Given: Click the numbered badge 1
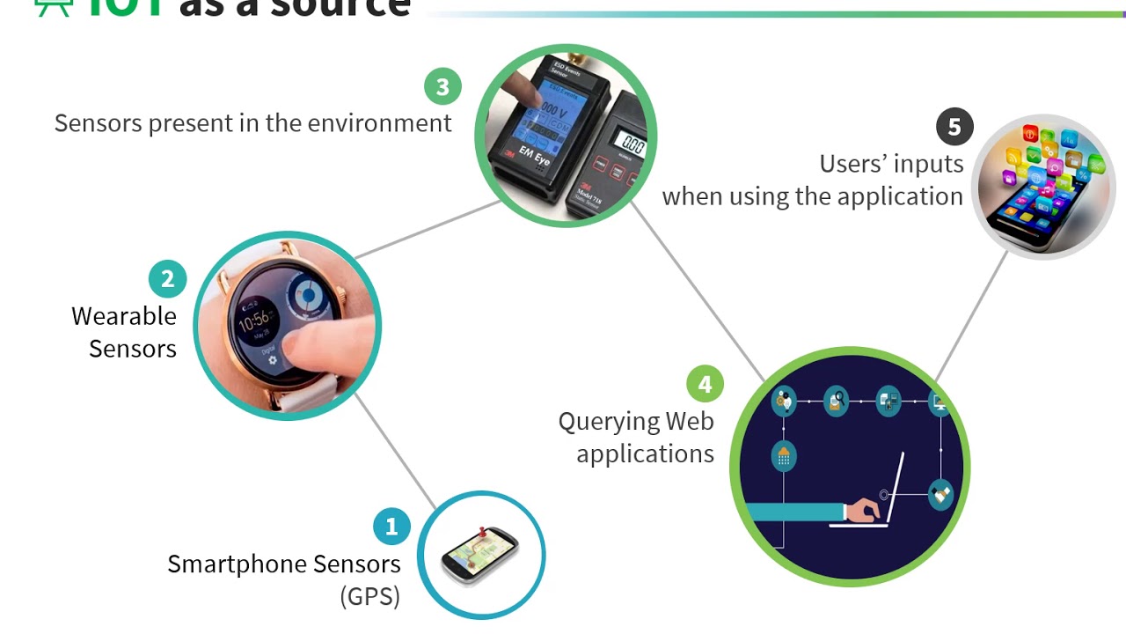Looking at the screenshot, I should coord(391,527).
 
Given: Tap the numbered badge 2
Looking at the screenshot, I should coord(167,279).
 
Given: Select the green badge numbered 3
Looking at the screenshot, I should coord(442,86).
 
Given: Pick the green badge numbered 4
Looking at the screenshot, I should coord(705,384).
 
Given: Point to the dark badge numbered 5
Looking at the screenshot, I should coord(954,127).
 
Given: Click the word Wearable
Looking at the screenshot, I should coord(124,316).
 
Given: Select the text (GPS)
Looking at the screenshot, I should coord(370,596).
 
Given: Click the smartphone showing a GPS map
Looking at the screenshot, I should coord(480,556).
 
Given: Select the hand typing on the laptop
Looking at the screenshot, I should coord(862,508).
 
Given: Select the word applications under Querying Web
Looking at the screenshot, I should coord(645,454).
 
